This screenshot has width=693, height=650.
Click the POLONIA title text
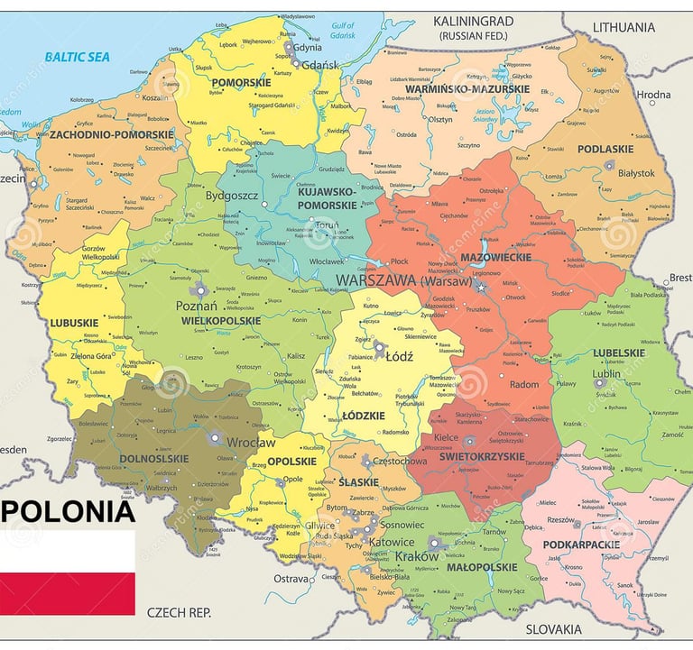tap(68, 511)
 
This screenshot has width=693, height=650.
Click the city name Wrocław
tap(251, 443)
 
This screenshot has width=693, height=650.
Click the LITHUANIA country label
tap(624, 27)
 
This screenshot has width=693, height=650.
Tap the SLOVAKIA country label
tap(553, 629)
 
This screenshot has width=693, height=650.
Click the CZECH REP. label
tap(179, 612)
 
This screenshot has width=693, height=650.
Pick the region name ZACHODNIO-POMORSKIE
tap(99, 134)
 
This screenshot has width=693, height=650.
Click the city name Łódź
tap(398, 356)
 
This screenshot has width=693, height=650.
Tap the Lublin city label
tap(605, 374)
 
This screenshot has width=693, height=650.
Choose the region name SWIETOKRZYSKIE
tap(495, 457)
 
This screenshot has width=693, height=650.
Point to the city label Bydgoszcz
tap(232, 195)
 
